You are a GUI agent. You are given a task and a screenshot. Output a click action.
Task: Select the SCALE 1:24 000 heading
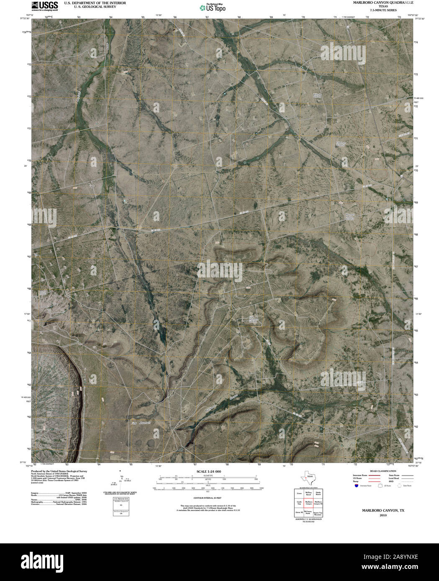tap(208, 471)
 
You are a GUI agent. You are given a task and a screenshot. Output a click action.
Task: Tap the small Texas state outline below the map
tap(309, 478)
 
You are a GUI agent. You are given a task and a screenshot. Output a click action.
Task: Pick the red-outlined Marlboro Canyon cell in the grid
tap(309, 503)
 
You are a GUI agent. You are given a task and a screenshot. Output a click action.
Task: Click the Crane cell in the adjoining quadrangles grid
tap(299, 493)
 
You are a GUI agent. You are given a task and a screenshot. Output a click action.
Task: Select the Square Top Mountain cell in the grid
tap(318, 512)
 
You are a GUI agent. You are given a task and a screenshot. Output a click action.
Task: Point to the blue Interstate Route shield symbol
tap(356, 486)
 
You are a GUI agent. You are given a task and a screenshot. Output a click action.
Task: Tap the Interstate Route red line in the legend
tap(375, 476)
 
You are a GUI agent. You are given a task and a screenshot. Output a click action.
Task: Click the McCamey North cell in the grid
tap(309, 512)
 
